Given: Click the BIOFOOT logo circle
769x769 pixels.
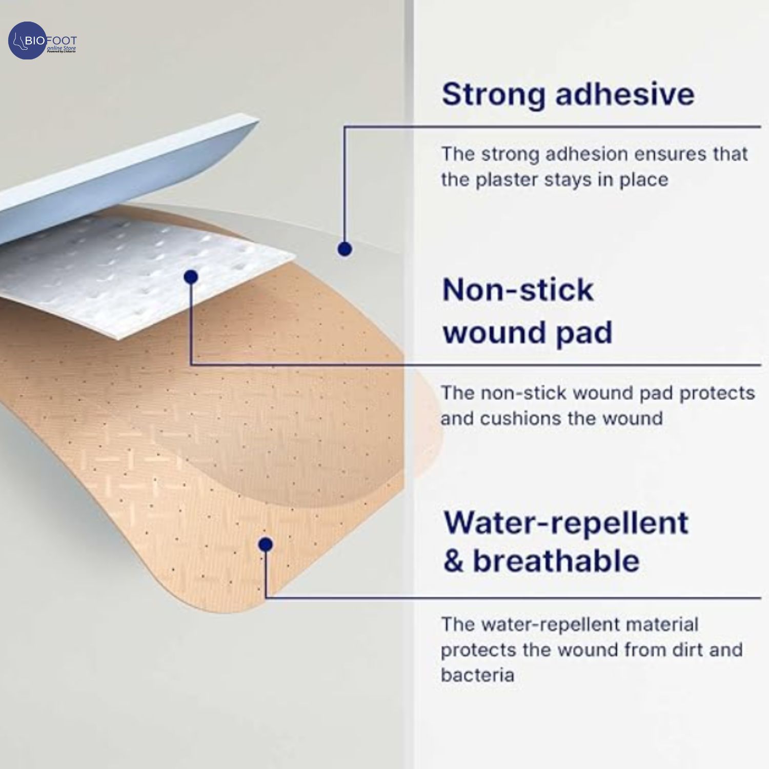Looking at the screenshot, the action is click(27, 41).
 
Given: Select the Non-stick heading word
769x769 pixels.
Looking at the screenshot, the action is click(518, 290).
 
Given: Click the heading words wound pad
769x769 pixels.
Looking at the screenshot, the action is click(528, 333).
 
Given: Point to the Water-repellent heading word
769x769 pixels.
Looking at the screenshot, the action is click(566, 523).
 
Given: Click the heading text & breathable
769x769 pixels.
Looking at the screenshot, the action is click(541, 560).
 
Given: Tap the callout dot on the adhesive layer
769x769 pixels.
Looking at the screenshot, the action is click(345, 249).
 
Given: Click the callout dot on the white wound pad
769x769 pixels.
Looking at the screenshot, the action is click(191, 277).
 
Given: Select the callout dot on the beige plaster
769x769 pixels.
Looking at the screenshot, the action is click(266, 544).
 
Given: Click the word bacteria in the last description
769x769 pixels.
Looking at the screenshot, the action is click(477, 675).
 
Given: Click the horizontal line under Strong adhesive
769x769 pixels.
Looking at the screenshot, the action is click(553, 127).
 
